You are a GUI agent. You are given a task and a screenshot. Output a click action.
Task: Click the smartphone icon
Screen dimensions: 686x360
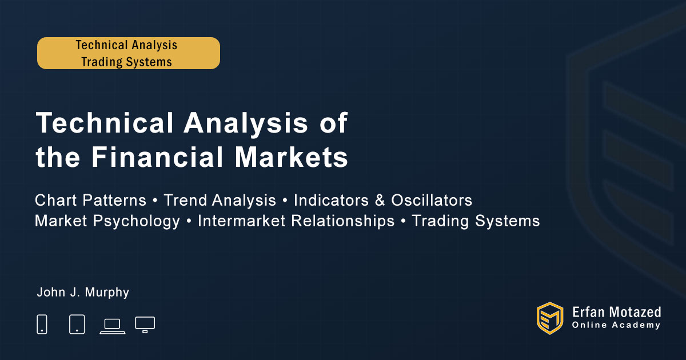tap(42, 324)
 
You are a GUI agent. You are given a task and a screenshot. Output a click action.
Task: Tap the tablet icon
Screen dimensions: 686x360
tap(77, 324)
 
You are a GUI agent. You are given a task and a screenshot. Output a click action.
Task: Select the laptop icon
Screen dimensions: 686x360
tap(113, 326)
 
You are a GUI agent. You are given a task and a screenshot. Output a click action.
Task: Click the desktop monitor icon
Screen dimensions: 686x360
tap(145, 325)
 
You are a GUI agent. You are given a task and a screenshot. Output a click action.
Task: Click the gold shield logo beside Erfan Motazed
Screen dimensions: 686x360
tap(550, 318)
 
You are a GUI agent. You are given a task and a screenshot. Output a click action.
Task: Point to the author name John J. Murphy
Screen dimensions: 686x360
tap(83, 292)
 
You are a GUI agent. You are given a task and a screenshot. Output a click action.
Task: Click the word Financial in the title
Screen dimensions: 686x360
tap(158, 157)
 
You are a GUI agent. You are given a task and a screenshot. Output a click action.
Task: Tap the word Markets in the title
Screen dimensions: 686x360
tap(291, 157)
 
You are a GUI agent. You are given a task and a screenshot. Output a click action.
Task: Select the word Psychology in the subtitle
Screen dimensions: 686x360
tap(136, 221)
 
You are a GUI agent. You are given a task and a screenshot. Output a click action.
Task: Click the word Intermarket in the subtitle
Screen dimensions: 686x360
tap(242, 221)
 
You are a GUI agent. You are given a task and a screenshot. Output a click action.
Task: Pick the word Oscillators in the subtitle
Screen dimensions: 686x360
tap(432, 200)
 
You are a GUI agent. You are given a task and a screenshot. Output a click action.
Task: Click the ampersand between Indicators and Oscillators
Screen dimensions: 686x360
tap(380, 200)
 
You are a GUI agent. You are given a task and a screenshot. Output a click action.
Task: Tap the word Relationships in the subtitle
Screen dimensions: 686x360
tap(342, 221)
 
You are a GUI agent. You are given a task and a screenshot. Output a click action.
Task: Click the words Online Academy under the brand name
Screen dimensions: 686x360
tap(616, 325)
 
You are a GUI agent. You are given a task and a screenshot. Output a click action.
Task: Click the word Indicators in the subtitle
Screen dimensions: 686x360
tap(331, 200)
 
